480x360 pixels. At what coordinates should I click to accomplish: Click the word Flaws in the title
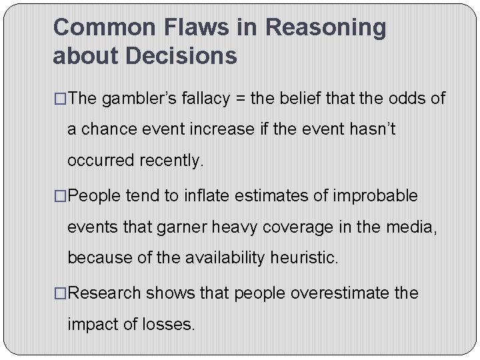coord(191,27)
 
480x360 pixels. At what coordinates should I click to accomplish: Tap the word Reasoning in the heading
coord(325,27)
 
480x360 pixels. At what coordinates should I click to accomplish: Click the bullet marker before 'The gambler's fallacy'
coord(60,99)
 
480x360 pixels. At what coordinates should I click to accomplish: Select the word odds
coord(407,99)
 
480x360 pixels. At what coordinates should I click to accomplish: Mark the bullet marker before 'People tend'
coord(60,197)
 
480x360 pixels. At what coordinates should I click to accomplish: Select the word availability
coord(220,257)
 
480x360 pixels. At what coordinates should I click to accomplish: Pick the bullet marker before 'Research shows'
coord(60,293)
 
